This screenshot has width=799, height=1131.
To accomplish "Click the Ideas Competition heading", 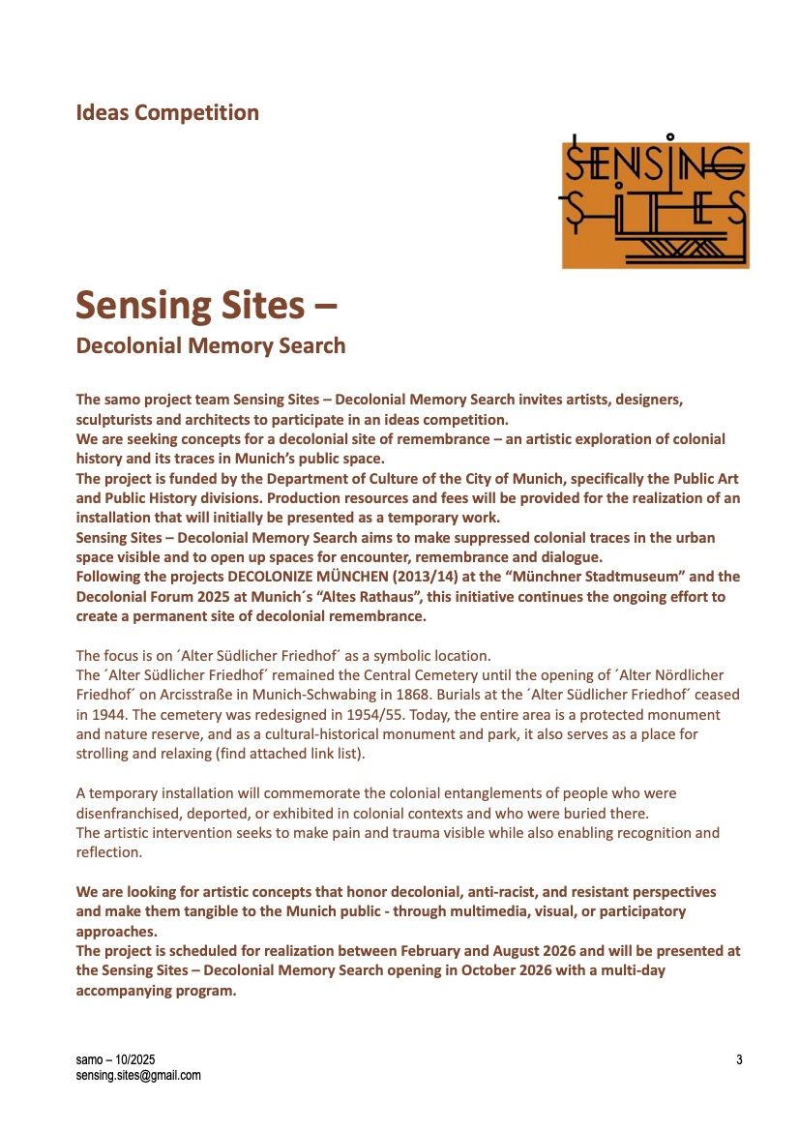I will pyautogui.click(x=167, y=112).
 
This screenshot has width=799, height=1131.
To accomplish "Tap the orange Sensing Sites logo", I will pyautogui.click(x=655, y=205).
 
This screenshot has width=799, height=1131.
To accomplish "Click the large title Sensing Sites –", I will pyautogui.click(x=206, y=305).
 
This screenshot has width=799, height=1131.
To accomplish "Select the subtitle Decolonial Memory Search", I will pyautogui.click(x=210, y=345).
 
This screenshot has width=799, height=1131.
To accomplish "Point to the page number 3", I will pyautogui.click(x=739, y=1060).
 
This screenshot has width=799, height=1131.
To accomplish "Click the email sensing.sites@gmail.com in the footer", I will pyautogui.click(x=138, y=1075).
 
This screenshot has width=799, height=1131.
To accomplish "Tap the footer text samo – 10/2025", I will pyautogui.click(x=115, y=1060).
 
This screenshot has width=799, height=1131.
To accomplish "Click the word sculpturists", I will pyautogui.click(x=114, y=420).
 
